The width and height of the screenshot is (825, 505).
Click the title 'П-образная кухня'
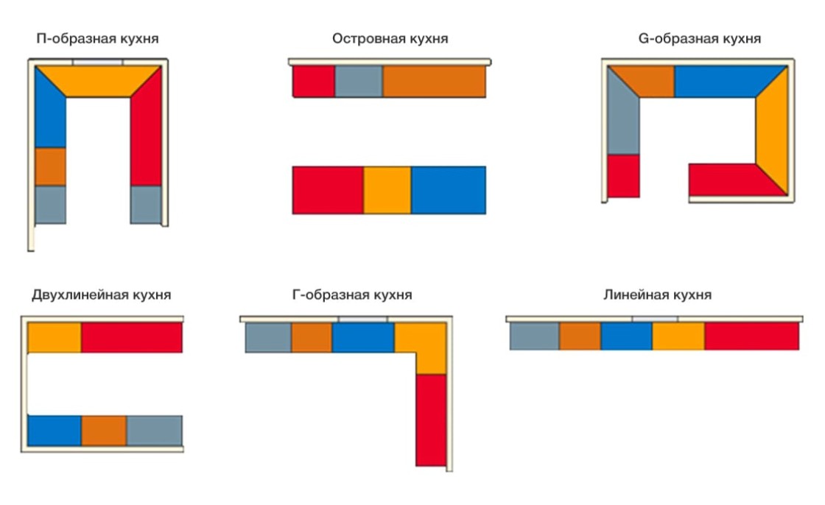[97, 38]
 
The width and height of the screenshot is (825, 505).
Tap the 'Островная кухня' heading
[390, 38]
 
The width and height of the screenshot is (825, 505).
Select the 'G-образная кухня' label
[699, 38]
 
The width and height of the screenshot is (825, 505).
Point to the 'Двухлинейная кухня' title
[102, 295]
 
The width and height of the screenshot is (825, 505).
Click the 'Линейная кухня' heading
[657, 295]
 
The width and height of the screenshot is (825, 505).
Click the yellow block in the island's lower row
[387, 190]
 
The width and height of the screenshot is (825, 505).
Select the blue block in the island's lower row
[448, 190]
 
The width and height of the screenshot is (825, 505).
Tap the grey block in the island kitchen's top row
[358, 82]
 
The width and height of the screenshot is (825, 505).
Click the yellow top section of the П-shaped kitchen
[98, 80]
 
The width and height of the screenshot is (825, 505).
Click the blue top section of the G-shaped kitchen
[726, 81]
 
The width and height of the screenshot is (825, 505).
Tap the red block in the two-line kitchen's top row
[131, 337]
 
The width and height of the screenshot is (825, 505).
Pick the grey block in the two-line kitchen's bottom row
[154, 430]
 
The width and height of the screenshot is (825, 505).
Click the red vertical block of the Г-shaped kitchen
[430, 420]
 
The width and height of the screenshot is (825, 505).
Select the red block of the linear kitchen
[751, 336]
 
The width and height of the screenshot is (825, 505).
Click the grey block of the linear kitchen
[534, 336]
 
